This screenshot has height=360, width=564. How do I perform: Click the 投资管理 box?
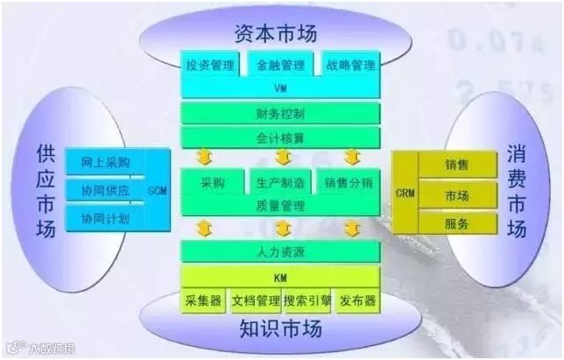[210, 65]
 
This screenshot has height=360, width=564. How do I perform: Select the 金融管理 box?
[280, 65]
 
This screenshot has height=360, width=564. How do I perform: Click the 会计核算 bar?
[280, 137]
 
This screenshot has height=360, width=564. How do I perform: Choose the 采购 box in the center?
[213, 182]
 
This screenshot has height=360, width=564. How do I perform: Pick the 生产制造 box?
[280, 182]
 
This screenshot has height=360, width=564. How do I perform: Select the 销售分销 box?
[349, 182]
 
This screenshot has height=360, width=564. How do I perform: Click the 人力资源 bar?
[280, 251]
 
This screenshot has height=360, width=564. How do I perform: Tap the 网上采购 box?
[104, 163]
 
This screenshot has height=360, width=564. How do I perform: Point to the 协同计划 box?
[104, 217]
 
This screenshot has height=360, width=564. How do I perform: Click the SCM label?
[158, 189]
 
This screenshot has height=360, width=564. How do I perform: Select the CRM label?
[404, 192]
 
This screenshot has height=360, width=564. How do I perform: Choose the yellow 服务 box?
[456, 222]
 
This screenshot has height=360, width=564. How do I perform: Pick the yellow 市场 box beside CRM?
[456, 194]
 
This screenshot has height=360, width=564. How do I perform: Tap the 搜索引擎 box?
[307, 300]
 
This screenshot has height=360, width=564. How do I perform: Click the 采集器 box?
[203, 300]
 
